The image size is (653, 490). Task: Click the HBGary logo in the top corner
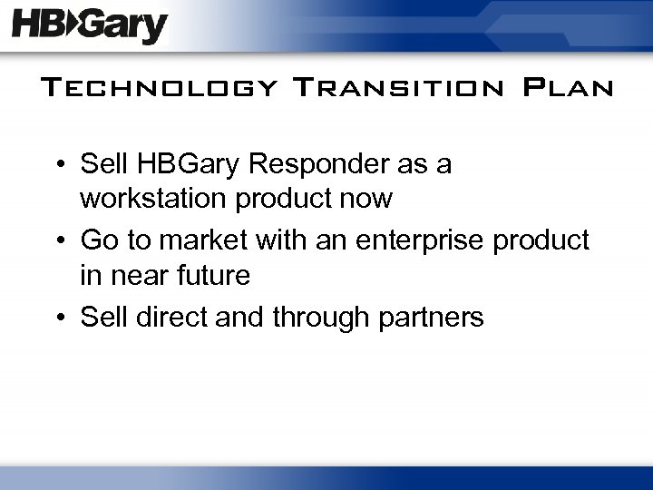click(x=90, y=27)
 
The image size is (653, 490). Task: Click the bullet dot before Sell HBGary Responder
click(x=59, y=166)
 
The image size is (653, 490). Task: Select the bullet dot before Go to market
click(x=59, y=241)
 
